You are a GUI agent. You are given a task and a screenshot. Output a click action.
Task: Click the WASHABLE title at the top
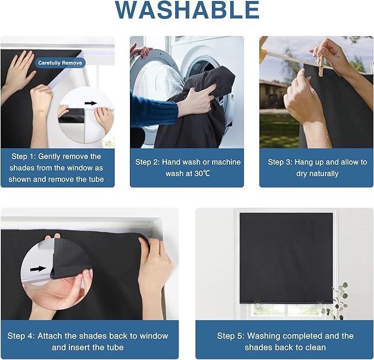[187, 9]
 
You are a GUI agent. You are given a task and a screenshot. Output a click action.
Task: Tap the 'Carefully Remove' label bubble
[60, 63]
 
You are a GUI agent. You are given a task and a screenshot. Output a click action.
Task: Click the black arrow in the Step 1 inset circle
[91, 103]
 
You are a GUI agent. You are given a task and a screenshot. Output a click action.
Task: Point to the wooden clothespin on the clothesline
[319, 66]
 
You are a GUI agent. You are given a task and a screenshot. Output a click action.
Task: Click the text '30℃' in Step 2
[202, 173]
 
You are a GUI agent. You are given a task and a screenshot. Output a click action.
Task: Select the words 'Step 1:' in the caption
[23, 156]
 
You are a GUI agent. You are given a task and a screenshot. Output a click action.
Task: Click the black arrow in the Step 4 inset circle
[38, 269]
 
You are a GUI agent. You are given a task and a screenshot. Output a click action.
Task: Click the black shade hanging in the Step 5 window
[286, 258]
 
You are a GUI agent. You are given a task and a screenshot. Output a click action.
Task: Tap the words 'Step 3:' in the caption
[280, 162]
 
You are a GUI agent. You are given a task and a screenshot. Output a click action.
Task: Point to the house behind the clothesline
[273, 94]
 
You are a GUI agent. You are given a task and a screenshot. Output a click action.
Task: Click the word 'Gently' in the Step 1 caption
[49, 157]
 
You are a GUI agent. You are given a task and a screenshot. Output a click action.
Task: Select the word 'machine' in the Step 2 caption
[226, 162]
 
